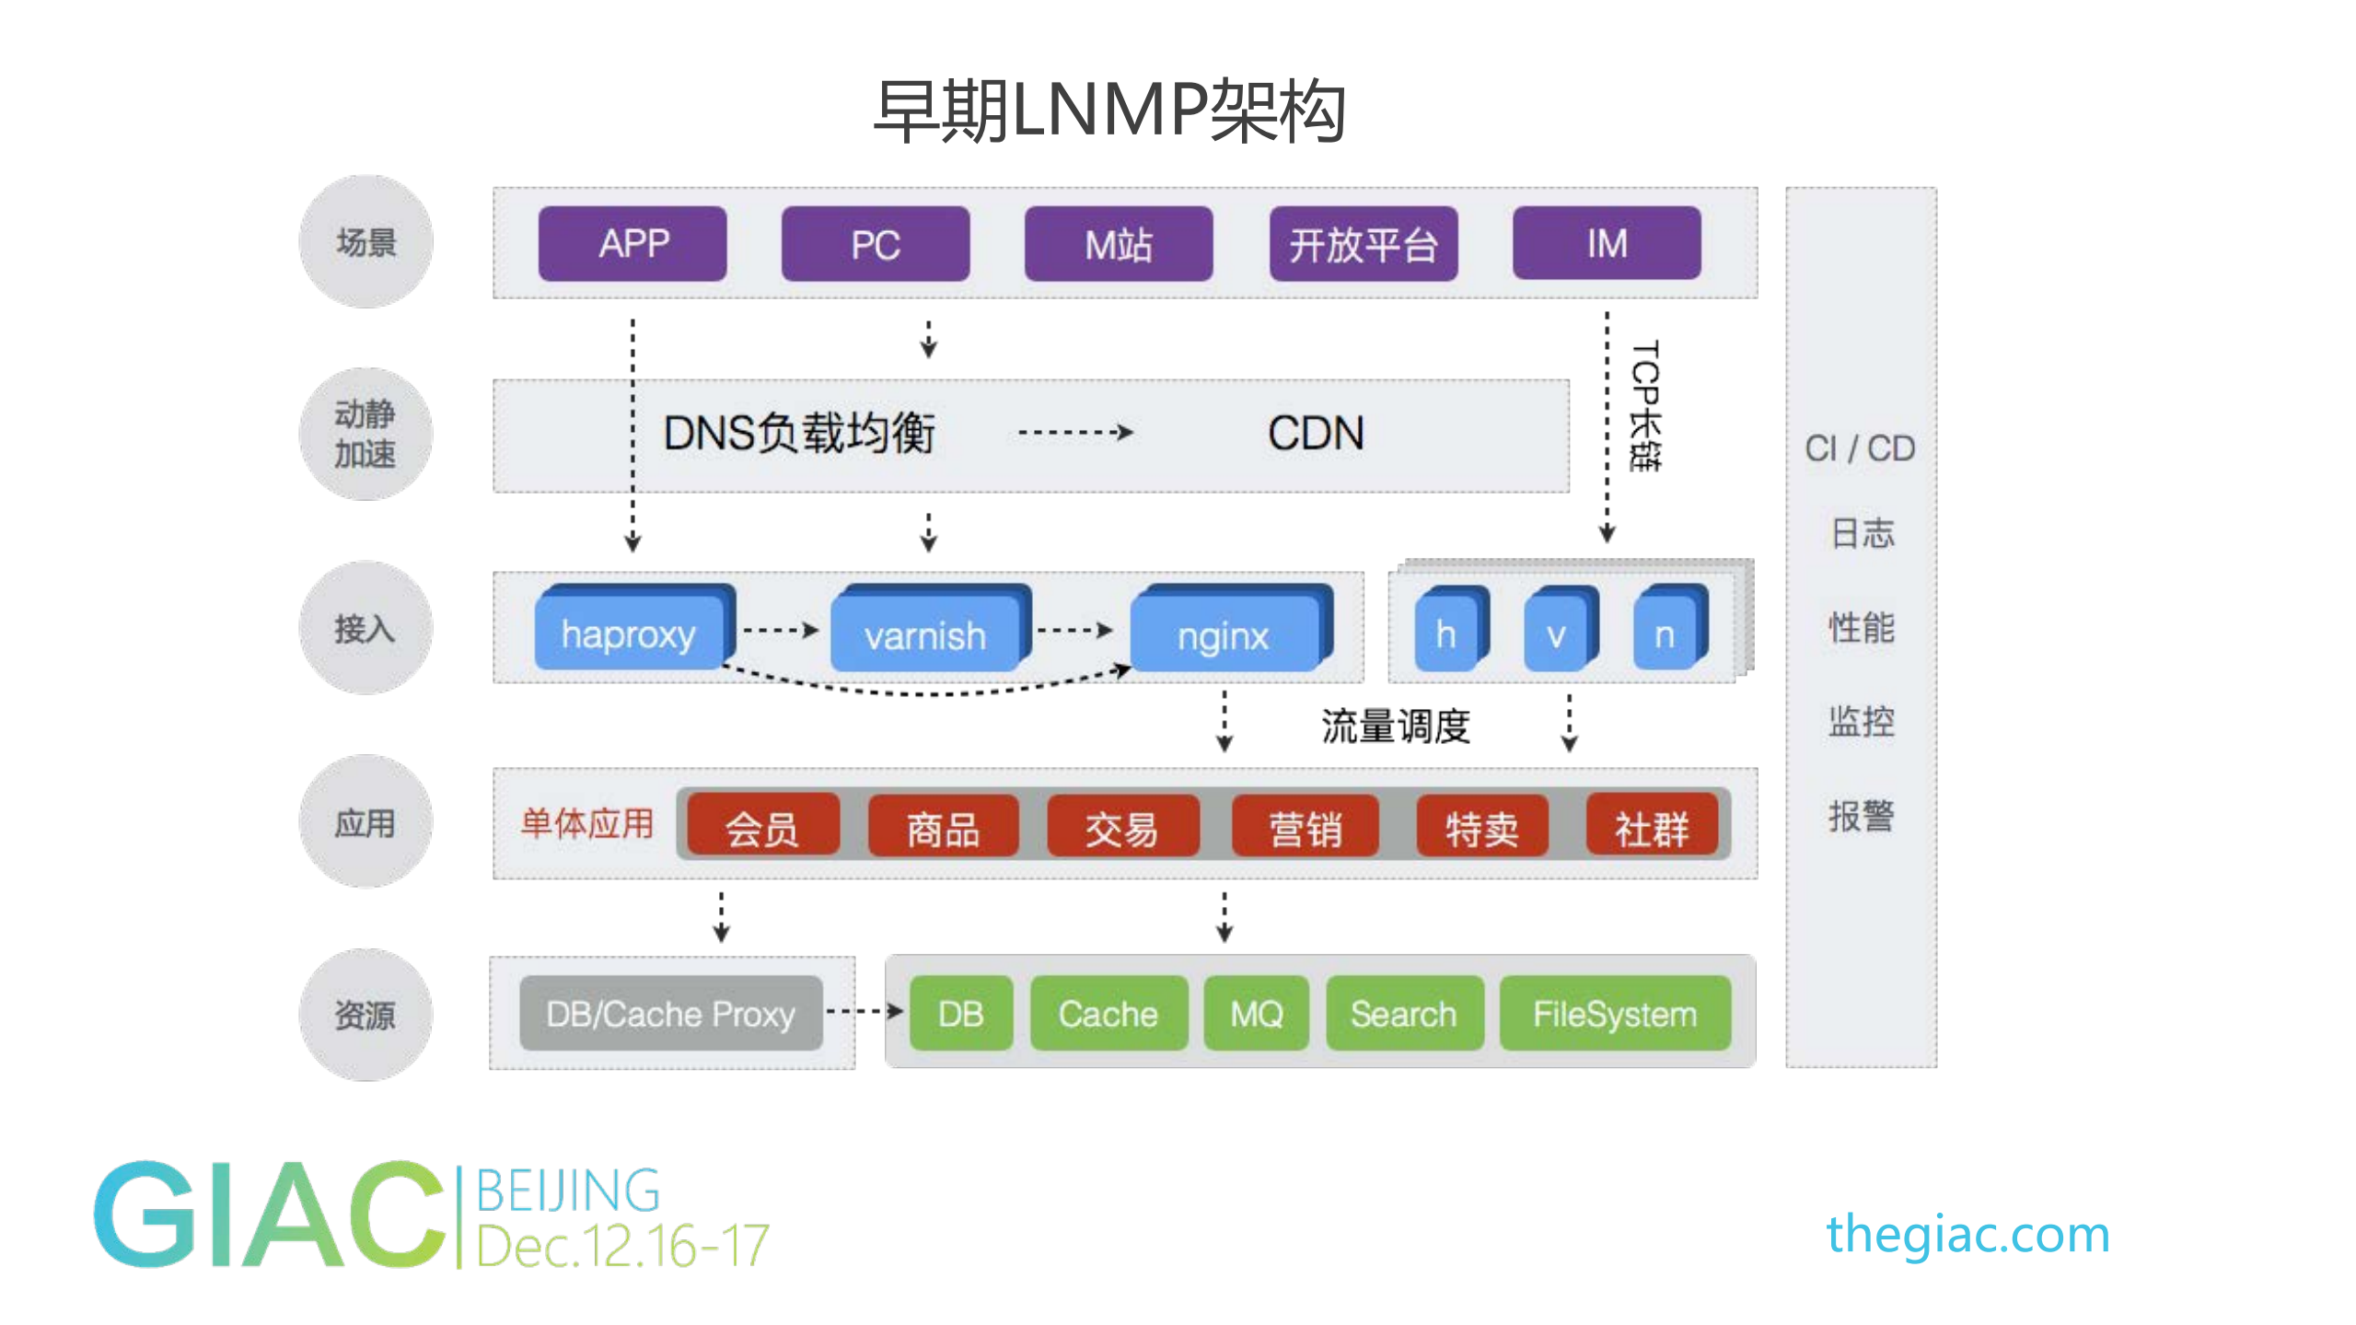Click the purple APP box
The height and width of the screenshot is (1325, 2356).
pos(633,244)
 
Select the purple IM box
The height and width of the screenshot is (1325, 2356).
pos(1606,244)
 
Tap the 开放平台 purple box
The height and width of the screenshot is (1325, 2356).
pos(1363,245)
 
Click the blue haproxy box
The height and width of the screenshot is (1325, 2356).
pos(630,634)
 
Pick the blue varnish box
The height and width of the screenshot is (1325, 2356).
pos(925,634)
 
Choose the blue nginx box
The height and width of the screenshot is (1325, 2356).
pos(1224,634)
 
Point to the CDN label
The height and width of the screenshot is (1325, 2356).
pos(1315,434)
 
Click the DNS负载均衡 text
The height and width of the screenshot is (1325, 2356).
pos(798,434)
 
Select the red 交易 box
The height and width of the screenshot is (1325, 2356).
pos(1121,828)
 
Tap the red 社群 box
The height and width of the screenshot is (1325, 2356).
pos(1652,828)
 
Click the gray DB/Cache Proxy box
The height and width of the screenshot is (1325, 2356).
pos(670,1014)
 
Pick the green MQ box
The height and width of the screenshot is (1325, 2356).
pos(1256,1014)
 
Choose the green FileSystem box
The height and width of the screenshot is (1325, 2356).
pos(1614,1014)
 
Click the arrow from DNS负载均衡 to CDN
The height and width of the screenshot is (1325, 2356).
pos(1074,432)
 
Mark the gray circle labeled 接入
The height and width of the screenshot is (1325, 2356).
pos(366,628)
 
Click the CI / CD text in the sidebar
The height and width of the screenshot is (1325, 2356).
pos(1859,448)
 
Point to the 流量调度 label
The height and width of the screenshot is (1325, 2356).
pos(1395,726)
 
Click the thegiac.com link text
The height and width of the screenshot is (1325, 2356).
pos(1967,1234)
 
